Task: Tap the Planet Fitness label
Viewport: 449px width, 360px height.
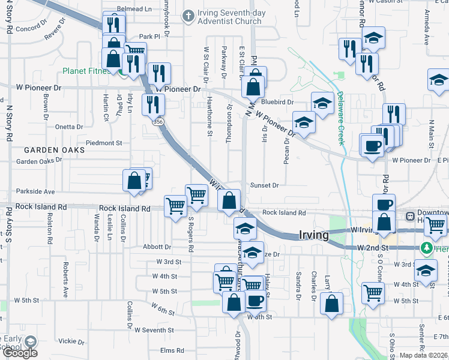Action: pyautogui.click(x=86, y=71)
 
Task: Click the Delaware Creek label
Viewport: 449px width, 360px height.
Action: pyautogui.click(x=340, y=118)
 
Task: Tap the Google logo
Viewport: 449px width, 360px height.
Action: pyautogui.click(x=19, y=353)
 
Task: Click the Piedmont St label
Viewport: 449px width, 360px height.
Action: pyautogui.click(x=104, y=143)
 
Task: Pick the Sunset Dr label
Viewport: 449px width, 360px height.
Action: pyautogui.click(x=265, y=186)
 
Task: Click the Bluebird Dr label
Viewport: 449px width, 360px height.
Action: pyautogui.click(x=277, y=103)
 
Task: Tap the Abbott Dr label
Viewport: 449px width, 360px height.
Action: pyautogui.click(x=157, y=247)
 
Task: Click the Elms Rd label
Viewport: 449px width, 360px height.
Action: pyautogui.click(x=172, y=350)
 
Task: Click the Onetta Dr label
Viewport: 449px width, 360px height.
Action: pyautogui.click(x=69, y=127)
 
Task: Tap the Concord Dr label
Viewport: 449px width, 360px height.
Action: pyautogui.click(x=31, y=28)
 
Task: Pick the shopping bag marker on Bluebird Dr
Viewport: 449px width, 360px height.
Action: pyautogui.click(x=254, y=88)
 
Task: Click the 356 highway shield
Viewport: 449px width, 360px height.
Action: pyautogui.click(x=158, y=122)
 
